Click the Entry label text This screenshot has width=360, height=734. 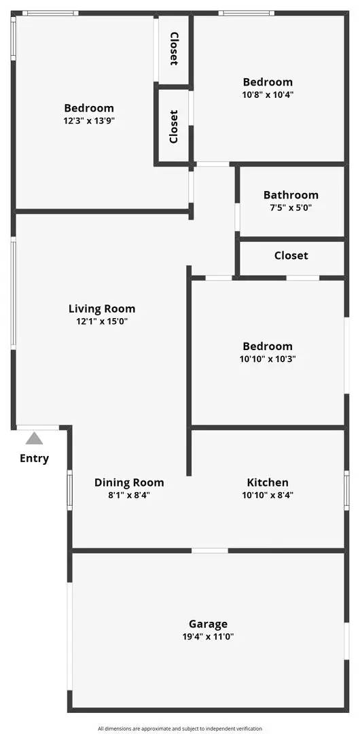tap(34, 458)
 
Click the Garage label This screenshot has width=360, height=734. tap(208, 624)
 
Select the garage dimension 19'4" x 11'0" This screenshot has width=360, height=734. tap(208, 637)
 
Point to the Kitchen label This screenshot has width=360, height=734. tap(267, 483)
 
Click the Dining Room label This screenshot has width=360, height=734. tap(129, 483)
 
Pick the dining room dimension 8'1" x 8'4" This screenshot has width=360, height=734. tap(129, 495)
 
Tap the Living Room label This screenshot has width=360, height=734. tap(102, 309)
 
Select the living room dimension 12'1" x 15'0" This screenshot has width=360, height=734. tap(102, 321)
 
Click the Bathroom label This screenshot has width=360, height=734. tap(291, 195)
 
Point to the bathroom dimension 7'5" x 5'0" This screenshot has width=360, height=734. tap(291, 208)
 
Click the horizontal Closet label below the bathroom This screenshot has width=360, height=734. tap(291, 256)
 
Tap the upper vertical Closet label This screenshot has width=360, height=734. tap(174, 49)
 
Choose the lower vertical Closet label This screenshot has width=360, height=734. tap(174, 126)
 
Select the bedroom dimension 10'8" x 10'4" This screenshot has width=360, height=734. tap(268, 95)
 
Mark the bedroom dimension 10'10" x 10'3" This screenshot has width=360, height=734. tap(268, 359)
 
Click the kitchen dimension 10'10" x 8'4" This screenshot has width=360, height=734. tap(267, 495)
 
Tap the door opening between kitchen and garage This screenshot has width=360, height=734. tap(209, 550)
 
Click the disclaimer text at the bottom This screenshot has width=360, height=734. tap(180, 729)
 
